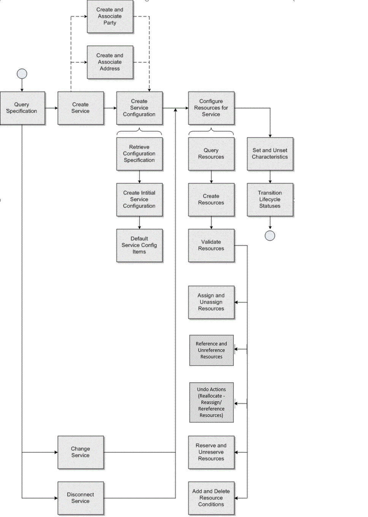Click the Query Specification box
tap(22, 108)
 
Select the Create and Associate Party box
tap(110, 16)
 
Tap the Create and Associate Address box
tap(110, 62)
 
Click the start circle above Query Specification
tap(22, 73)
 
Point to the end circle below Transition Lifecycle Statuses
tap(270, 236)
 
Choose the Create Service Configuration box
tap(139, 108)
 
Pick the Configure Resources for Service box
tap(211, 108)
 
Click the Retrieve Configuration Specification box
tap(139, 154)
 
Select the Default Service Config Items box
tap(139, 245)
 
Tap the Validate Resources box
tap(211, 245)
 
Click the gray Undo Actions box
tap(211, 402)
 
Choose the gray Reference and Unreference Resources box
tap(211, 350)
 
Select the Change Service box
tap(81, 452)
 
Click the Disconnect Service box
tap(81, 498)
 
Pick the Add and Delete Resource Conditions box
tap(211, 498)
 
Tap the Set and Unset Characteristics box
tap(270, 154)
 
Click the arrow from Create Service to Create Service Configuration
tap(110, 108)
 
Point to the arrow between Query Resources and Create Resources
tap(211, 177)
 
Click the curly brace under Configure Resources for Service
tap(211, 131)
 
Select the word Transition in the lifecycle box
tap(270, 193)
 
